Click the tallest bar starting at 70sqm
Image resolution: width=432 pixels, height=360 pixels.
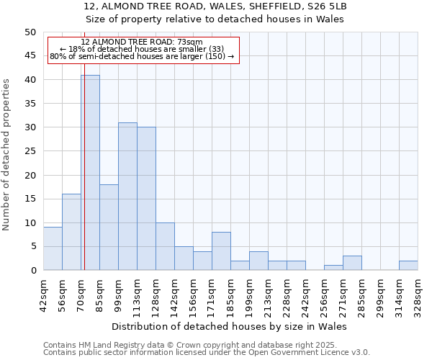[90, 173]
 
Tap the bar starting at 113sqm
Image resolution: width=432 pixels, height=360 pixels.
[146, 199]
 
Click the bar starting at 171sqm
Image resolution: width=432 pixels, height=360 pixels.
[221, 251]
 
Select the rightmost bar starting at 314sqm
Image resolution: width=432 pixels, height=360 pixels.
[408, 266]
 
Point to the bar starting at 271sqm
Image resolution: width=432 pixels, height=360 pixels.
[352, 263]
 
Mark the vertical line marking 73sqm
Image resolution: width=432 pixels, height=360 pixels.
[84, 144]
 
